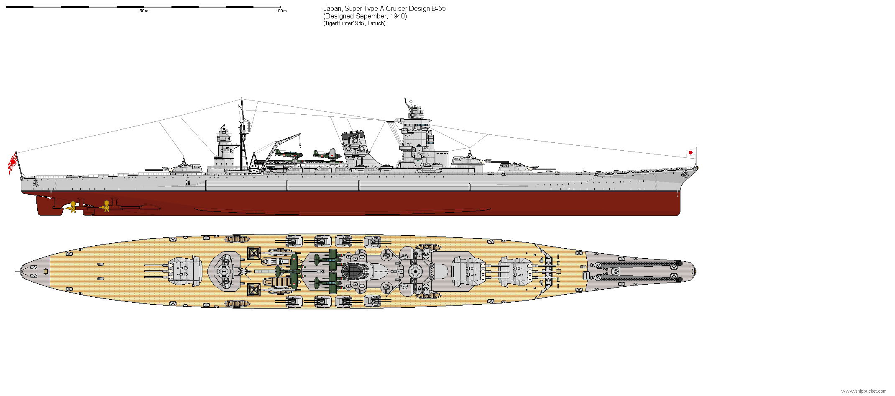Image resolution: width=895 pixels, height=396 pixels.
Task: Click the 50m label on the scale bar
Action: [x=144, y=11]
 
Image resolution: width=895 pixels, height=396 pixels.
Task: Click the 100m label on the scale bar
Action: [x=281, y=11]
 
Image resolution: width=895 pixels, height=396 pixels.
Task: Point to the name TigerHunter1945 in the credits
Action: [x=344, y=23]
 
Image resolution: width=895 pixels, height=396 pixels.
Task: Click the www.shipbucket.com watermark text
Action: [x=864, y=391]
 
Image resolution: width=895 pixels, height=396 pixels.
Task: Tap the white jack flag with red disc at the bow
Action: [x=690, y=152]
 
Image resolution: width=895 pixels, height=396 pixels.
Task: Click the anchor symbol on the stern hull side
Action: [x=36, y=183]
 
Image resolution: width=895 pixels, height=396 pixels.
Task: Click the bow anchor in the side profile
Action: [x=685, y=174]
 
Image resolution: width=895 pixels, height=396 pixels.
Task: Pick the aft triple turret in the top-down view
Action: [x=184, y=271]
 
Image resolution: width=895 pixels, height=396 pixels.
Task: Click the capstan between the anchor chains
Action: [x=615, y=272]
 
